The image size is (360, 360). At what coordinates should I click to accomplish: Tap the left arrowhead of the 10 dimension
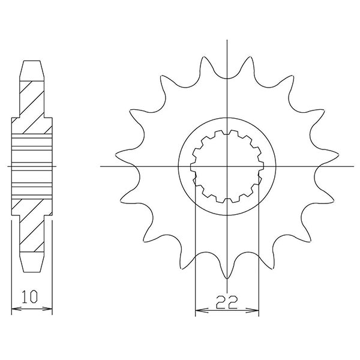click(x=14, y=310)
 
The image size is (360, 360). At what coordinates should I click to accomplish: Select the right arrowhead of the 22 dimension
click(x=256, y=311)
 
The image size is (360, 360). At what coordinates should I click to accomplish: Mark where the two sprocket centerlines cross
click(x=227, y=166)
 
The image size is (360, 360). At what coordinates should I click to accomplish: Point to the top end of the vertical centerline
click(x=227, y=40)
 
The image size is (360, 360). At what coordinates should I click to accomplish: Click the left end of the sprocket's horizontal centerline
click(x=101, y=166)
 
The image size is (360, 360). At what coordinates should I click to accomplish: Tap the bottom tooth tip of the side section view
click(x=32, y=271)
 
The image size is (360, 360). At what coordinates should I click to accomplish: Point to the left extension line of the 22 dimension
click(x=196, y=252)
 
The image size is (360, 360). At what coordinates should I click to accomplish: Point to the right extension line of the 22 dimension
click(x=259, y=252)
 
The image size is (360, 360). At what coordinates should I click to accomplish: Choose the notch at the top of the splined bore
click(x=227, y=133)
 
